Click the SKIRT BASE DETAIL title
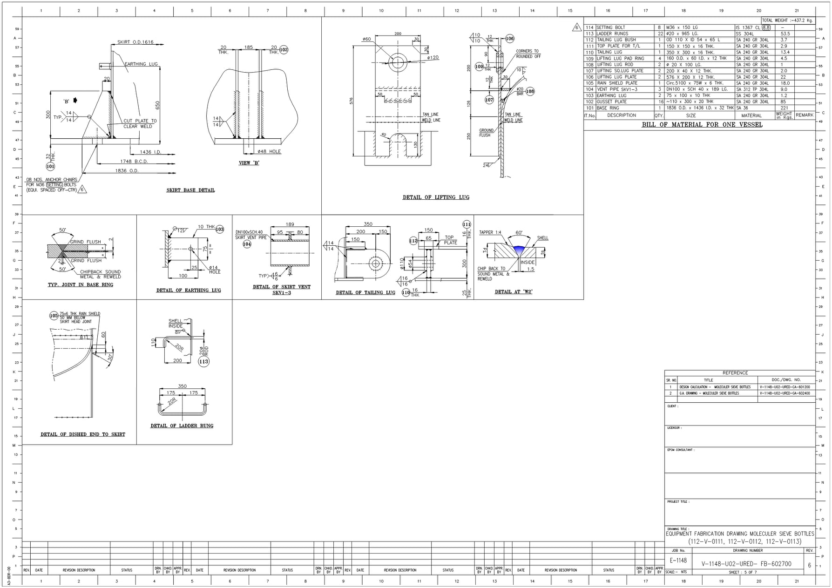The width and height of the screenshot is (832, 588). (x=190, y=190)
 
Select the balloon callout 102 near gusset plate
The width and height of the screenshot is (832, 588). (x=284, y=49)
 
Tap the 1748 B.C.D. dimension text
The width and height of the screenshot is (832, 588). (x=134, y=162)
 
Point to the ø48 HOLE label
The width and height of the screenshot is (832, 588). (x=269, y=151)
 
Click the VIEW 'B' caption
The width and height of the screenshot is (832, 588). (x=249, y=163)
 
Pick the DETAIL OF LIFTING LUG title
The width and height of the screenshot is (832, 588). (x=436, y=197)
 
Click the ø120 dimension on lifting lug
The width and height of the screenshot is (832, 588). (x=433, y=58)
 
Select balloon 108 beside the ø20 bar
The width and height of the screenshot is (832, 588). (x=530, y=91)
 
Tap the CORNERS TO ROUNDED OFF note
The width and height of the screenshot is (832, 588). (x=528, y=54)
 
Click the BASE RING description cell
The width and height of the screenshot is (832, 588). (x=608, y=108)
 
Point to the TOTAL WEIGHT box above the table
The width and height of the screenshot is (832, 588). (x=787, y=20)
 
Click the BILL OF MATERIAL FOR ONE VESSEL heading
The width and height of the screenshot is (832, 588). (x=702, y=125)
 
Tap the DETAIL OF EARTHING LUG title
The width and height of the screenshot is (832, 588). (x=189, y=291)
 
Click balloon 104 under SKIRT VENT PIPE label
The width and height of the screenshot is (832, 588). (x=247, y=244)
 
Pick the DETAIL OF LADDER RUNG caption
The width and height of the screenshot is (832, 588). (x=182, y=426)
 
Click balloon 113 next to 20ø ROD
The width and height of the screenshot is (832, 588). (x=203, y=361)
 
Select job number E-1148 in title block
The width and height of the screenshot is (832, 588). (x=678, y=561)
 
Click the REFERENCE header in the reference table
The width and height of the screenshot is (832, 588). (x=735, y=373)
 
